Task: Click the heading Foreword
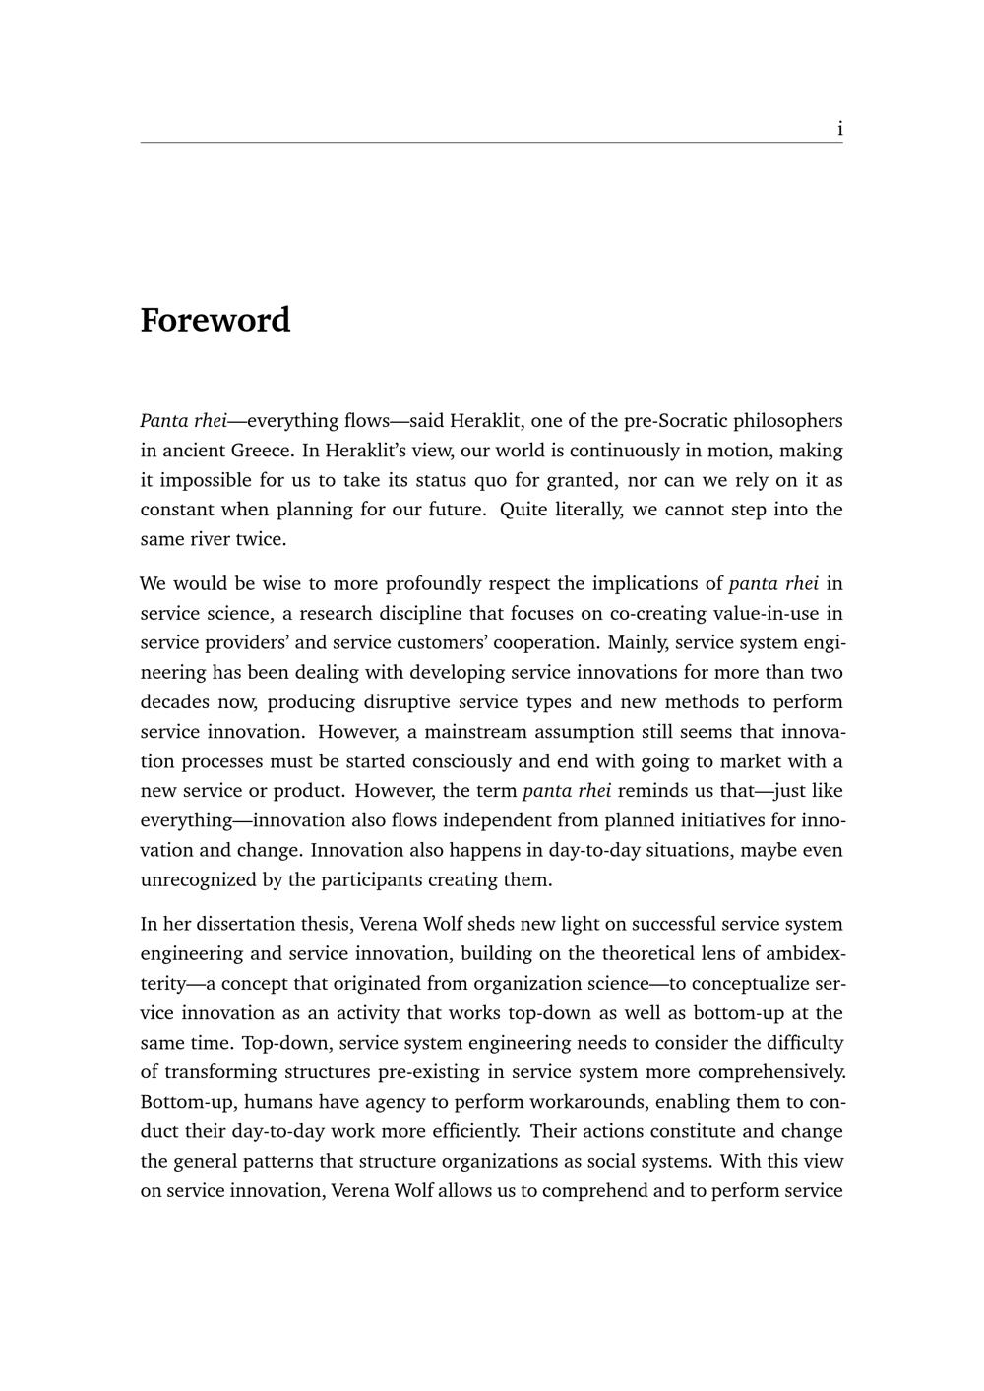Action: pos(215,321)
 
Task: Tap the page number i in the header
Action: pos(839,129)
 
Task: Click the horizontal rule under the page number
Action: pos(491,143)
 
